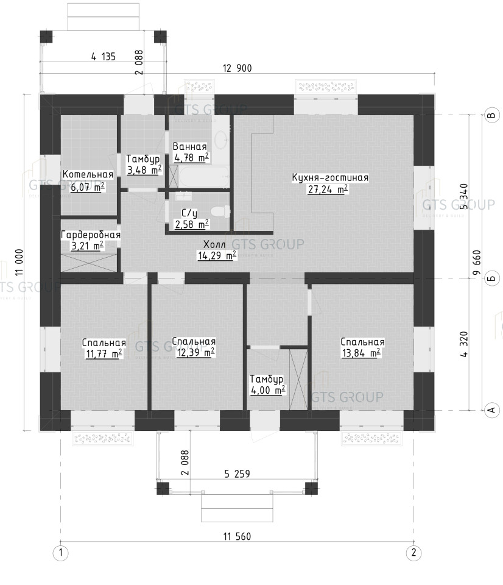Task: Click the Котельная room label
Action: pos(88,174)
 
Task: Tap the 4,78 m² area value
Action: pos(192,158)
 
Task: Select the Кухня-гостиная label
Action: pos(330,177)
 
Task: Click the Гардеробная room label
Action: pos(91,235)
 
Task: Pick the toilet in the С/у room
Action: pos(220,212)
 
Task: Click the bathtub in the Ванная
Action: pos(203,177)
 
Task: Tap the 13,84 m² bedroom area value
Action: pos(361,353)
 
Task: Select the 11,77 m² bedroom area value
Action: pos(104,353)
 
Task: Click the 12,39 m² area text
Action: pos(195,352)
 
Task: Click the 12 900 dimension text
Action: pos(237,68)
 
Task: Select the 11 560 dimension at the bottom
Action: pos(237,536)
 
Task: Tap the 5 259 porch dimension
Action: pos(237,474)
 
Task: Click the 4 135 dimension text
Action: pos(104,57)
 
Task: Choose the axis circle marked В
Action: pos(492,115)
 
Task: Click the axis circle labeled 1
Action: pos(61,553)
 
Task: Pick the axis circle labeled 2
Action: pos(413,553)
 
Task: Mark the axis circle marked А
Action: pos(492,410)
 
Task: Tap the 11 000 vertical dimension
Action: pos(19,262)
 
